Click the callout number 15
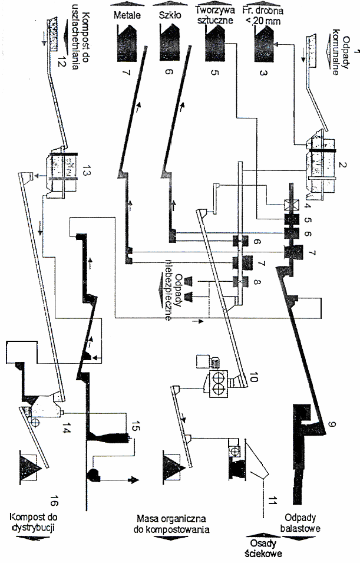[x=135, y=426]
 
